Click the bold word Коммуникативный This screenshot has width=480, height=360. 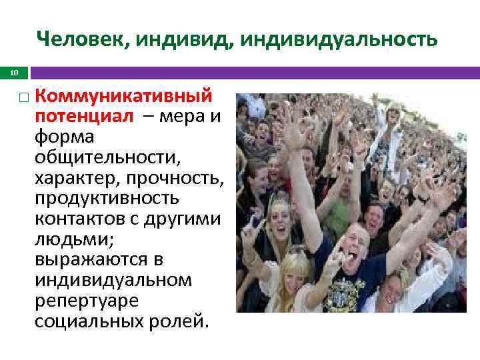click(124, 96)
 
